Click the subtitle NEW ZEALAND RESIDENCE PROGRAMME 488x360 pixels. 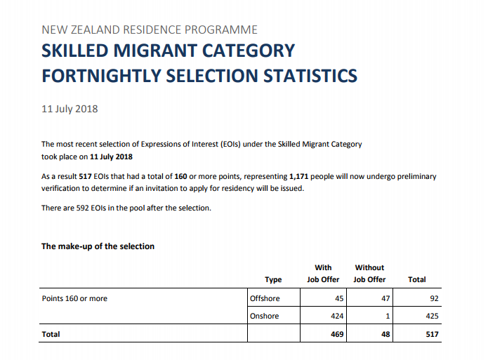150,29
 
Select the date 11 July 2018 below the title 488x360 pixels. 70,109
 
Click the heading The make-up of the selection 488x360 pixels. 98,246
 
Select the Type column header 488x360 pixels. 273,279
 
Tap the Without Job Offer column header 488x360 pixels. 369,273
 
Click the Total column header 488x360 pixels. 416,279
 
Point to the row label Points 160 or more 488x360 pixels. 74,298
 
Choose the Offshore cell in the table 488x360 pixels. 265,298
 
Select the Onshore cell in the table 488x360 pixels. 264,316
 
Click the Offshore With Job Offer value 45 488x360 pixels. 338,298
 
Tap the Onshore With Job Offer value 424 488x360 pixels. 336,316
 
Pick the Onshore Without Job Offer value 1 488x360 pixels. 387,316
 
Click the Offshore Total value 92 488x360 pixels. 433,298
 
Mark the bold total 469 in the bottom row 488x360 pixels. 336,334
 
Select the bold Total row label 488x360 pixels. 51,334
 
